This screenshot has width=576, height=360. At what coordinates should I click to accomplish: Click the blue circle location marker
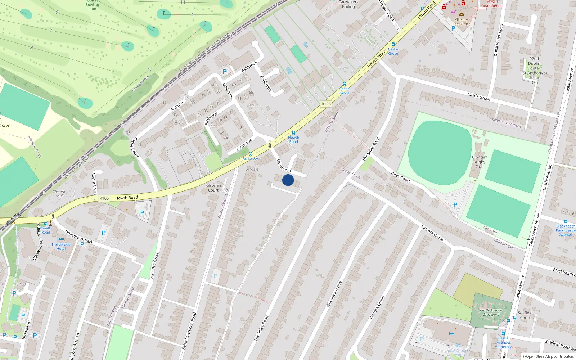point(288,180)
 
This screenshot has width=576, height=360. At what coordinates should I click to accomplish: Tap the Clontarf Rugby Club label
point(479,162)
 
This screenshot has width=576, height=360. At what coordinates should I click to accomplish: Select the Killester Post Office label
point(461,22)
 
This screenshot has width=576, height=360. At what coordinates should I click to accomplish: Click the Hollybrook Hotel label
point(61,247)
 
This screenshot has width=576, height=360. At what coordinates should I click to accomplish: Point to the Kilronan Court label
point(213,188)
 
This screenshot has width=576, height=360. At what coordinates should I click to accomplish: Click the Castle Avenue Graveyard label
point(491,312)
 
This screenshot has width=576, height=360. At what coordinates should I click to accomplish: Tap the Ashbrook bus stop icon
point(251,154)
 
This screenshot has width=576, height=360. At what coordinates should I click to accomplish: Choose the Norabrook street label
point(284,166)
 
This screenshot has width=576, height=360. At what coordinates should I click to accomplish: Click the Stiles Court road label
point(400,177)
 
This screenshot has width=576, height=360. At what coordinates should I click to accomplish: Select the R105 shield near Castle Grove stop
point(326,104)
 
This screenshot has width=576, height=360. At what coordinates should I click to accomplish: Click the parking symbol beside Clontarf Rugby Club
point(455,205)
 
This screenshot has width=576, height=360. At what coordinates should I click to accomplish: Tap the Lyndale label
point(252,169)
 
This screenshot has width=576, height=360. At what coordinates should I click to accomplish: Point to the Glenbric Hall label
point(59,194)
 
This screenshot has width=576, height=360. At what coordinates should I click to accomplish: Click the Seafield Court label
point(525,315)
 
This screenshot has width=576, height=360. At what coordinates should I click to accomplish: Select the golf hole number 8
point(32,48)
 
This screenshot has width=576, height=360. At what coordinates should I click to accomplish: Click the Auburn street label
point(177,106)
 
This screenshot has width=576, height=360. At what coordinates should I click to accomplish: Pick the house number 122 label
point(252,105)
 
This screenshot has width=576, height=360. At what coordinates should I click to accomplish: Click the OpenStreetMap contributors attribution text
point(548,356)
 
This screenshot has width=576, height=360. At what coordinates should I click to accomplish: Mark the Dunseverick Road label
point(498,40)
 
